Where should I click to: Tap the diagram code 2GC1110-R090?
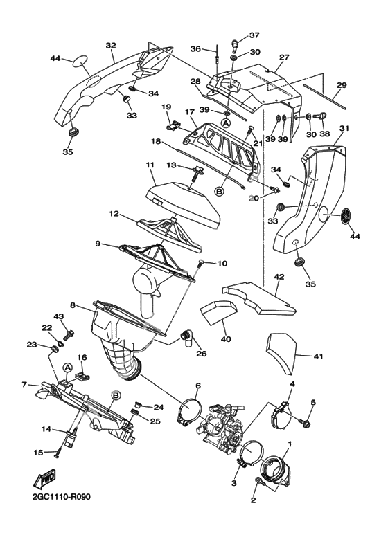coord(62,497)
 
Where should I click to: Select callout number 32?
coord(111,46)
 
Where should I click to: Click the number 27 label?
coord(284,57)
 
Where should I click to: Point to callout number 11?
coord(150,165)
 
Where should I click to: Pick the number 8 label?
coord(73,305)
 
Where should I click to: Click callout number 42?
coord(279,277)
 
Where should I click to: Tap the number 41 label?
coord(317,356)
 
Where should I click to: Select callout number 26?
coord(202,354)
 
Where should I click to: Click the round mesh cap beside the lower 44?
coord(346,216)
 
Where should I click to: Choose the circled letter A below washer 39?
coord(226,123)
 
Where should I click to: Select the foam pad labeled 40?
coord(218,311)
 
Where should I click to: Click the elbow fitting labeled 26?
coord(186,337)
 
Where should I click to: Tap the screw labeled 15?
coord(58,453)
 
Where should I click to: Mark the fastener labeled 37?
coord(235,44)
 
